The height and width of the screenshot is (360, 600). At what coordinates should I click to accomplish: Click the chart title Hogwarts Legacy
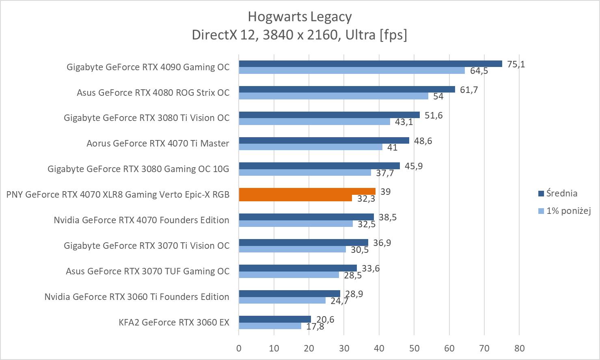coord(300,17)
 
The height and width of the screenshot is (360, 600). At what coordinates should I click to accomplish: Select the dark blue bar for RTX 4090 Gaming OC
coord(370,64)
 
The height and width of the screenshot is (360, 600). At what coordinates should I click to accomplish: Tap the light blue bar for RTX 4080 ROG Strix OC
coord(333,96)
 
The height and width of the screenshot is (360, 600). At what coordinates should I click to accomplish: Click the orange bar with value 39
coord(307,192)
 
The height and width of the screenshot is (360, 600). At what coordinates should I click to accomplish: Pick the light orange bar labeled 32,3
coord(295,198)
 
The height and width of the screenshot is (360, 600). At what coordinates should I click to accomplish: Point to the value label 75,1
coord(516,64)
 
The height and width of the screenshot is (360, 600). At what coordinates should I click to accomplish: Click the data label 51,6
coord(434,115)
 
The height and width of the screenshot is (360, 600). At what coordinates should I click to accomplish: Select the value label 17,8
coord(315,326)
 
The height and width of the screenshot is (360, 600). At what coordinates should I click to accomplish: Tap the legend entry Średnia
coord(561,193)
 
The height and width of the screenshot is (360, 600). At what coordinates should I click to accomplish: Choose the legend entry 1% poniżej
coord(568,211)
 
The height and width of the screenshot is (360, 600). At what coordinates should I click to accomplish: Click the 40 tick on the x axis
coord(379,348)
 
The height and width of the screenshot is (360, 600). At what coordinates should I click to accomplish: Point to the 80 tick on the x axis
coord(519,348)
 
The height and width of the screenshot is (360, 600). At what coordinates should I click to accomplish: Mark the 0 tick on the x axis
coord(239,348)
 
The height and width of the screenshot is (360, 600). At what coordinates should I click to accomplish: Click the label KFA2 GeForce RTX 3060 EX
coord(174,322)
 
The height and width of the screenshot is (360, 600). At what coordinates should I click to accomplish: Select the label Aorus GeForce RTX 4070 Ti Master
coord(158,143)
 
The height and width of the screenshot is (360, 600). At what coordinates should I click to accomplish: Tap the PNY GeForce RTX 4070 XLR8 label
coord(118,194)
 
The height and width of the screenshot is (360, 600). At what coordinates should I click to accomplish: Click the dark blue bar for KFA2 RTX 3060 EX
coord(275,319)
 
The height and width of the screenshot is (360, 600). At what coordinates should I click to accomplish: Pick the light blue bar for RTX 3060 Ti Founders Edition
coord(282,300)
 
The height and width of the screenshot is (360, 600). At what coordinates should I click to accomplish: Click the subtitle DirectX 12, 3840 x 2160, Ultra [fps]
coord(300,35)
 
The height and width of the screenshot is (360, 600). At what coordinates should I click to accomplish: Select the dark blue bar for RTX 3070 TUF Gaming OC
coord(298,268)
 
